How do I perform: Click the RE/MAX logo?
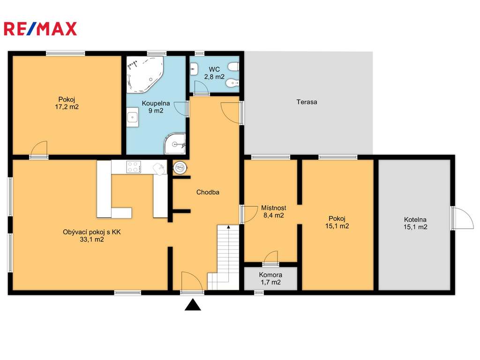(40, 29)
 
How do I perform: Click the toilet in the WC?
(233, 67)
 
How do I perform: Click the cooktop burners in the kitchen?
(134, 167)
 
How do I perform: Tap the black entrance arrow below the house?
(193, 305)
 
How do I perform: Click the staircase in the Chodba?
(224, 257)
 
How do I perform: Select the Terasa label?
(307, 102)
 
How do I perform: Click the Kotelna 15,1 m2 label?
(415, 223)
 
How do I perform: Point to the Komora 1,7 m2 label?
(270, 278)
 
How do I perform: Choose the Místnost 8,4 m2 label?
(274, 211)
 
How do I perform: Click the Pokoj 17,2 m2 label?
(67, 103)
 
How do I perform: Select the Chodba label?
(208, 192)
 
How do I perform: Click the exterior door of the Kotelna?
(462, 218)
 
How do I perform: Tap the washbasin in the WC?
(194, 69)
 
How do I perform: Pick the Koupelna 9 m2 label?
(156, 107)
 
